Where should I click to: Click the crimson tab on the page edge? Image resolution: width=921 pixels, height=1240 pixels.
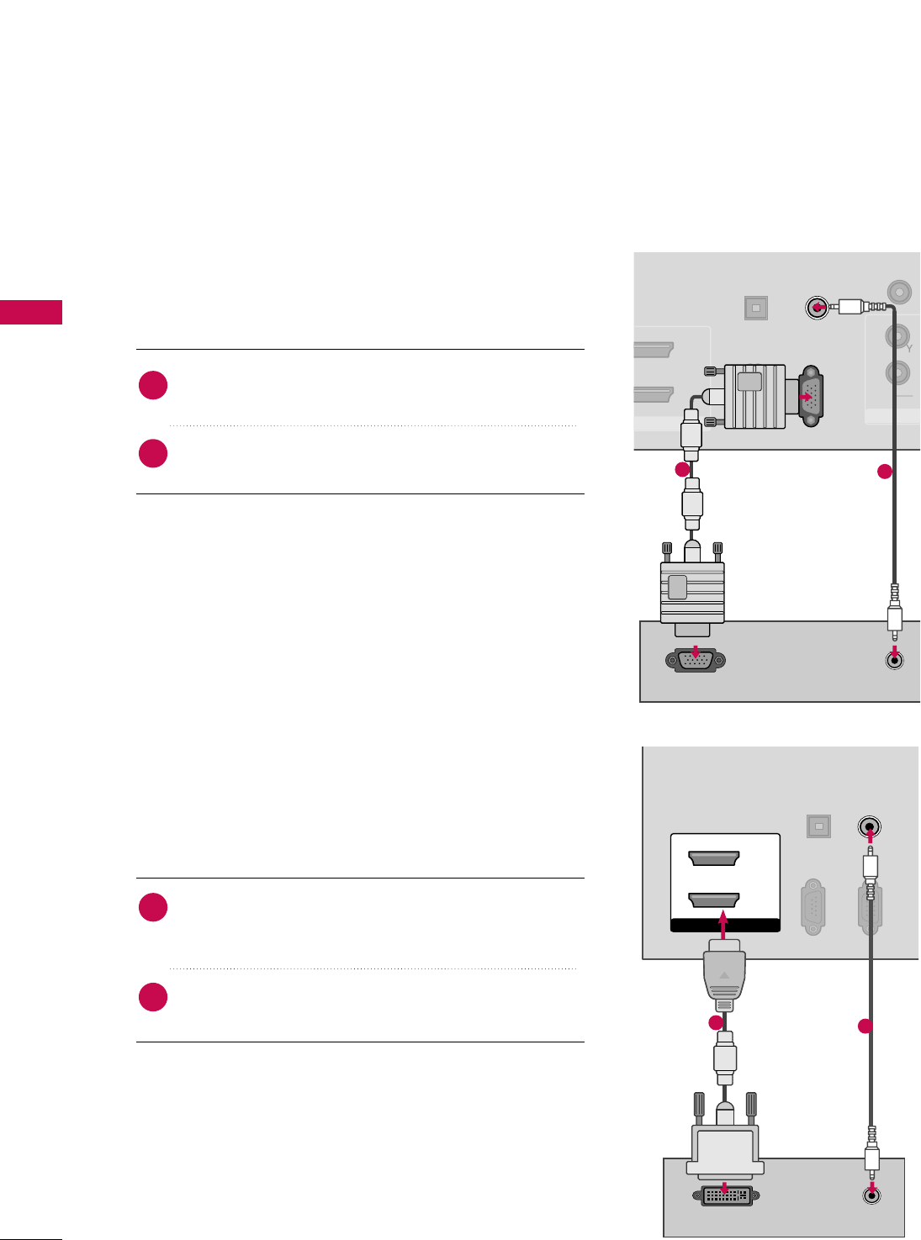(30, 312)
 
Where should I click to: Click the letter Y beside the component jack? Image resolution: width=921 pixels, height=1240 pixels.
(909, 347)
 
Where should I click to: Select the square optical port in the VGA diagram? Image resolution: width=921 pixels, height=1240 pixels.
(756, 309)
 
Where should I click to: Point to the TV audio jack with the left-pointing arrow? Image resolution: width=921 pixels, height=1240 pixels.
(816, 308)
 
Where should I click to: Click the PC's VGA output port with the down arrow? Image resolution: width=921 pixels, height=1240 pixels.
(695, 660)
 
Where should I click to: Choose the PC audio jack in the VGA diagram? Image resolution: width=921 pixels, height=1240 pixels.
(896, 660)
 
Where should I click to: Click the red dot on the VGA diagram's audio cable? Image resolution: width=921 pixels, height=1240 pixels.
(884, 472)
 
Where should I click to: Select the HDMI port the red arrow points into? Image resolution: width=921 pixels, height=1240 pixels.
(713, 900)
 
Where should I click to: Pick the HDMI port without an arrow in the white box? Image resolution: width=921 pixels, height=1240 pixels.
(713, 858)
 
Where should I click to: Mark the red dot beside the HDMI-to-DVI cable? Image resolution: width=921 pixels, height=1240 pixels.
(715, 1023)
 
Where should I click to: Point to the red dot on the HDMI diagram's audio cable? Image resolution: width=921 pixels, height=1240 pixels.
(864, 1026)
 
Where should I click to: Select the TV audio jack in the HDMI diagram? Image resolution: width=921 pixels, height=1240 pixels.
(870, 826)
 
